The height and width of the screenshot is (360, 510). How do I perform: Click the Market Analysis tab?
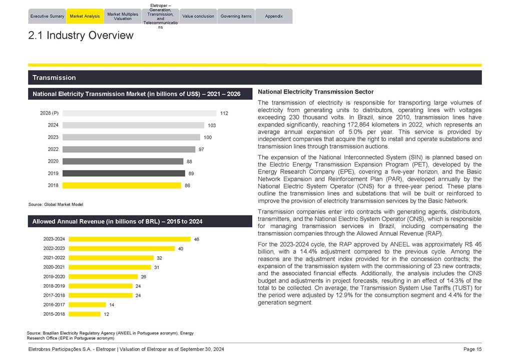click(85, 16)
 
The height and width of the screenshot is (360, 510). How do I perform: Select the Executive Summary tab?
click(47, 16)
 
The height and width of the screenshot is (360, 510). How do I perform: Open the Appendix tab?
click(274, 16)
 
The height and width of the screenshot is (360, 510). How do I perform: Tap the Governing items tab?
click(236, 16)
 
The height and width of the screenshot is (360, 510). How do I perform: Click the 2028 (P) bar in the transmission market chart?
click(139, 113)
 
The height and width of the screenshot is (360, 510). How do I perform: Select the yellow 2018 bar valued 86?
click(122, 185)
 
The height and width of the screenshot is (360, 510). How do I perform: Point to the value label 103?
click(212, 125)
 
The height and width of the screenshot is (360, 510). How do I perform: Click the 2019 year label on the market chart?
click(53, 173)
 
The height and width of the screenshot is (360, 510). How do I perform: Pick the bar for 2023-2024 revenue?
click(130, 239)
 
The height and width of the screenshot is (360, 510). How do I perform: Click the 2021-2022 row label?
click(54, 258)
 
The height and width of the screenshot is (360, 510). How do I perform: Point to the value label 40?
click(181, 248)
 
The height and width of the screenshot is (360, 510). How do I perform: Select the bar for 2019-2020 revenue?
click(103, 276)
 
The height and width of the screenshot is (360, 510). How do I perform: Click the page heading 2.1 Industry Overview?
click(81, 35)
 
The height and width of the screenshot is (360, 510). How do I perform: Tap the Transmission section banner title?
click(54, 77)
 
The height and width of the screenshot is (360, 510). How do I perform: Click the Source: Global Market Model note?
click(56, 204)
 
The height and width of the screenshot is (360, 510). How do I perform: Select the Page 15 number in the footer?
click(472, 349)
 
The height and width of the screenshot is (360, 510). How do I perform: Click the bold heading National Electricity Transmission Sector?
click(315, 92)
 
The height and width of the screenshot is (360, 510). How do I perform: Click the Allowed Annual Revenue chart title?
click(118, 221)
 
